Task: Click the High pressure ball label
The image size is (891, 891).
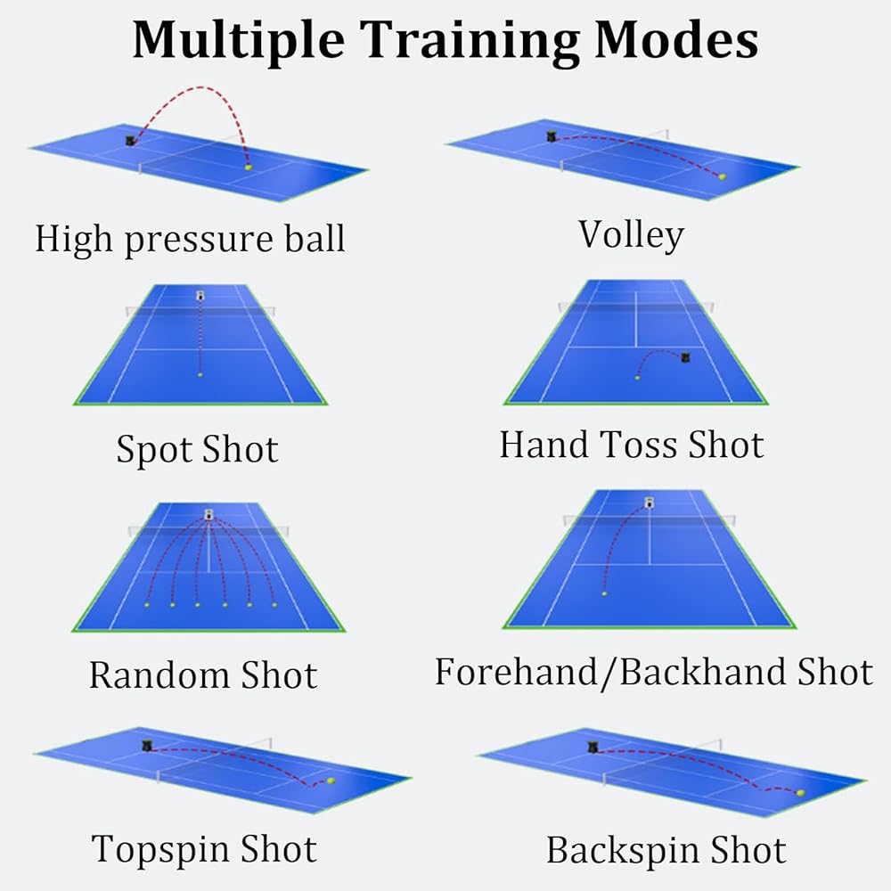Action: pos(190,239)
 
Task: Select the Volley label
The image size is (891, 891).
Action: pos(631,234)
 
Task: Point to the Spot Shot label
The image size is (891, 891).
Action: pos(197,449)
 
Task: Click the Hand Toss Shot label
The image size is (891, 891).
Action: pos(632,445)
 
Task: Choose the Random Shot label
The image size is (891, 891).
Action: pos(202,675)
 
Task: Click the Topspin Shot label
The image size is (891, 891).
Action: pos(204,849)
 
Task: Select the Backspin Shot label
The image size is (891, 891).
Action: pos(666,850)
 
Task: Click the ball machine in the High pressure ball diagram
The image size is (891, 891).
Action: pos(131,141)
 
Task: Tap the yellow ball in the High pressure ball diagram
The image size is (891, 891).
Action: pos(249,167)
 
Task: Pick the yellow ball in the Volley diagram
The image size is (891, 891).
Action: pos(722,176)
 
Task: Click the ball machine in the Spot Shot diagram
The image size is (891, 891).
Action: pos(200,295)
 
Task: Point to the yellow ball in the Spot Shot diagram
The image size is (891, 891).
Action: pos(200,375)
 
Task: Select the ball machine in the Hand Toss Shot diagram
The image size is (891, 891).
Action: pos(685,357)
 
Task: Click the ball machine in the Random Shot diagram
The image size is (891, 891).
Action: pos(209,513)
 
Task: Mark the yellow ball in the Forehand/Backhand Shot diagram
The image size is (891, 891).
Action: pos(604,593)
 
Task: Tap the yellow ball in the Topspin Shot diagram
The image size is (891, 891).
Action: pos(331,781)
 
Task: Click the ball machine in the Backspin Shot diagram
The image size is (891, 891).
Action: pos(593,748)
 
